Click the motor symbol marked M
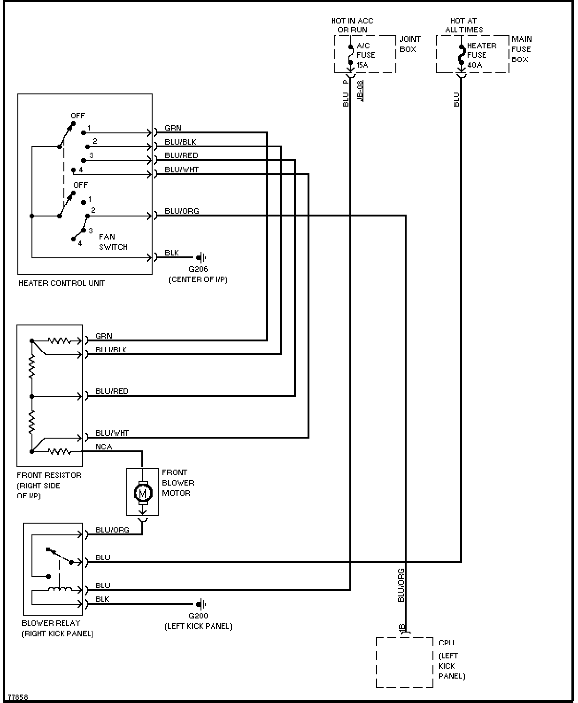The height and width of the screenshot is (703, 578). click(143, 493)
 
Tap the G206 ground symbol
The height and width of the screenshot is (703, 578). click(201, 257)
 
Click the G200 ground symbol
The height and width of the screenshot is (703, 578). click(201, 603)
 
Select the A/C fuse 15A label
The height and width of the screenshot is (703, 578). click(366, 55)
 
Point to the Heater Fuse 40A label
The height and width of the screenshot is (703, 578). click(482, 55)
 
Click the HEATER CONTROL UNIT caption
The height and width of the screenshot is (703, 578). click(62, 283)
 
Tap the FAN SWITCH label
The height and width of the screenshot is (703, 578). click(113, 242)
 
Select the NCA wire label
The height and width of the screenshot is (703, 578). click(104, 447)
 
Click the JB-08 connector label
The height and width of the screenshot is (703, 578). click(360, 91)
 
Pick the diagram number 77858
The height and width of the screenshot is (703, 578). click(18, 697)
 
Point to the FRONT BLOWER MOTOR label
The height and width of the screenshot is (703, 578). click(178, 483)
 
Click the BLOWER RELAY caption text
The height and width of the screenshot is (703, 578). click(51, 623)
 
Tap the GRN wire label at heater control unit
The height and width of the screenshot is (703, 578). click(173, 128)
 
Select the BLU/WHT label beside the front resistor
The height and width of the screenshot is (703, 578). click(112, 433)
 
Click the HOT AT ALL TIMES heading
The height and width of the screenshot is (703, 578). click(464, 25)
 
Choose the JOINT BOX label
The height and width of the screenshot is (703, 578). click(409, 44)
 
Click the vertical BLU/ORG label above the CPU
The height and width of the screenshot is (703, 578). click(401, 585)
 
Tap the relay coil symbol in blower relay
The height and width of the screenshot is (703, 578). click(60, 589)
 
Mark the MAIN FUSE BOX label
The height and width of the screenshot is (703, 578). click(522, 49)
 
